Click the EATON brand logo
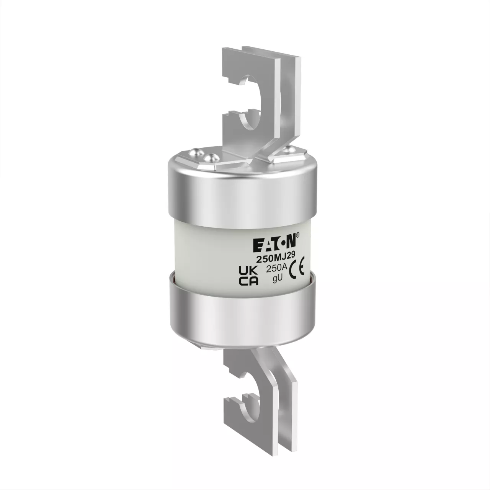click(274, 244)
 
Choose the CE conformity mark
click(297, 271)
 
